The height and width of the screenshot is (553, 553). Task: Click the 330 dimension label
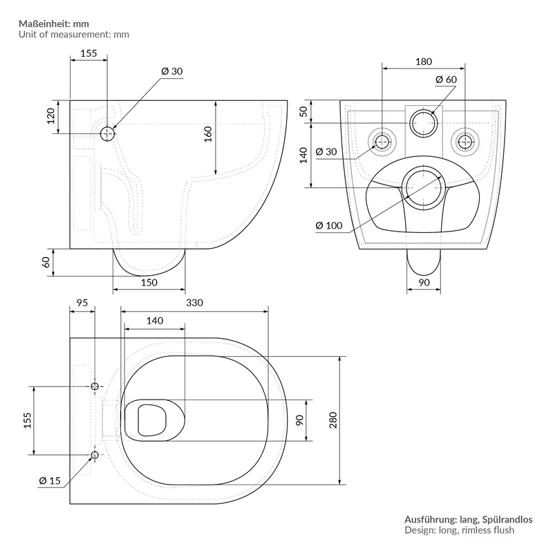click(194, 303)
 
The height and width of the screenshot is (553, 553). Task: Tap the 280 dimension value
click(333, 420)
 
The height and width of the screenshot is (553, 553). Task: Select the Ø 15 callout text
click(50, 480)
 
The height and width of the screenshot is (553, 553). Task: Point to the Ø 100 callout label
click(329, 225)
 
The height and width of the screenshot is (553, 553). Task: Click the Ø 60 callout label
click(446, 79)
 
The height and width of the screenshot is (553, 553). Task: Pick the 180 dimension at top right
click(424, 62)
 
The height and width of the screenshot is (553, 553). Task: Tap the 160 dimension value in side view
click(208, 134)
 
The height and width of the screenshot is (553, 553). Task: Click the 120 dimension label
click(50, 116)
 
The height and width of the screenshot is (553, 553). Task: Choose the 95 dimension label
click(82, 303)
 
